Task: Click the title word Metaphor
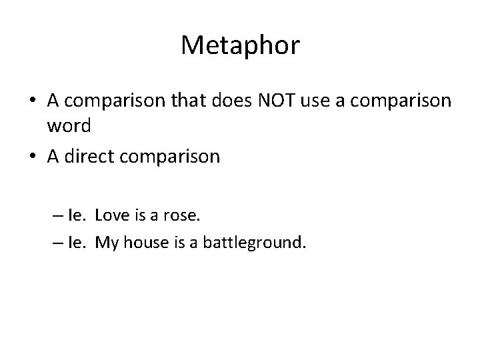240,46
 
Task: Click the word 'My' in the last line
106,242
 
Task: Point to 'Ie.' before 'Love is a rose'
77,215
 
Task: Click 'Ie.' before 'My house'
77,242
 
